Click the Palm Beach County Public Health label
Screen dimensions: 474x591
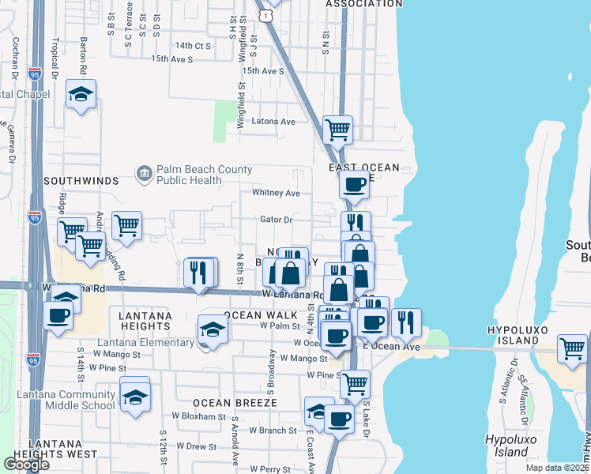(x=204, y=175)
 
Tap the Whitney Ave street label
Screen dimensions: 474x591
(x=276, y=193)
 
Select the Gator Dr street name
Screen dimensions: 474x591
(x=277, y=220)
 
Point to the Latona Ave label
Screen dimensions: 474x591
(x=273, y=122)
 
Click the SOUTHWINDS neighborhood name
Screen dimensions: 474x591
(x=74, y=181)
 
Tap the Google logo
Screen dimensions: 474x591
(x=26, y=464)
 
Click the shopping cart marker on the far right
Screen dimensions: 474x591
(x=572, y=348)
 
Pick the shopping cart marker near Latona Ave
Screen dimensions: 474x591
(x=337, y=129)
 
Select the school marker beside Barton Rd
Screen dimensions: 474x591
(x=81, y=95)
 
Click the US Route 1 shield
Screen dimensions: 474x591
(x=270, y=14)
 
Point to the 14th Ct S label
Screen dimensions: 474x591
(x=194, y=46)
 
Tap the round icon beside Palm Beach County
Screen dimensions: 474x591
(x=144, y=174)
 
